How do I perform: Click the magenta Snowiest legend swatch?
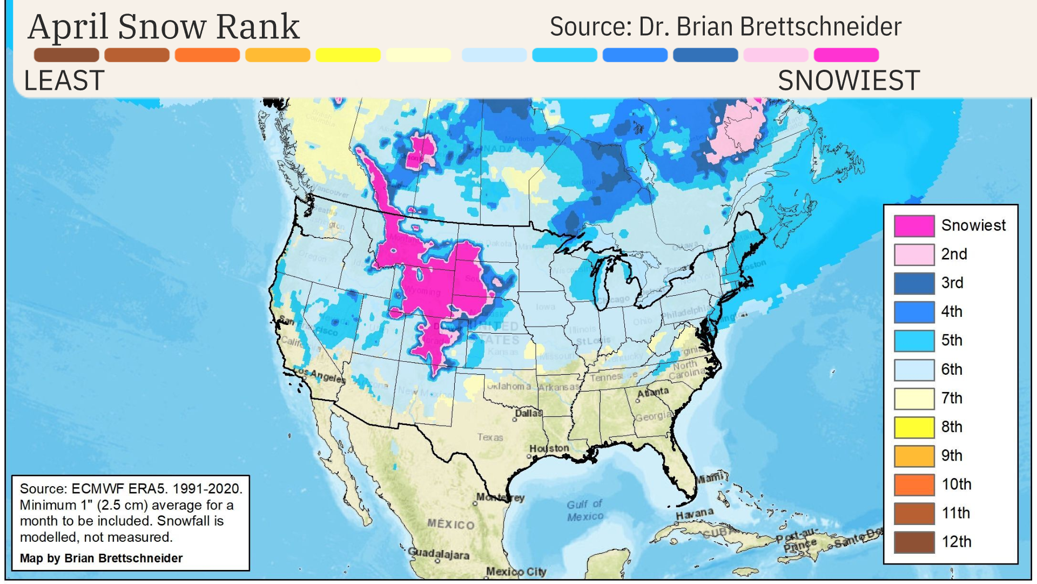(x=914, y=226)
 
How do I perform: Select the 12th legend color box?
(x=914, y=542)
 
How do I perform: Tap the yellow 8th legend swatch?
(x=914, y=427)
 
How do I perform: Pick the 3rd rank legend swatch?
(x=914, y=283)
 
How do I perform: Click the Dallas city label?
(x=528, y=413)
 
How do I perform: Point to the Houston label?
(x=549, y=448)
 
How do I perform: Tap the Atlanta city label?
(x=653, y=391)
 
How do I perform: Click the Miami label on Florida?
(x=710, y=478)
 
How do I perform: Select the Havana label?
(x=695, y=513)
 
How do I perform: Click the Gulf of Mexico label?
(x=585, y=510)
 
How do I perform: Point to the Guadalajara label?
(x=438, y=554)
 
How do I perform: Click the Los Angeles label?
(x=320, y=375)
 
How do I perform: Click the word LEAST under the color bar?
(x=64, y=81)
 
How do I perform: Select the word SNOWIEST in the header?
(x=849, y=81)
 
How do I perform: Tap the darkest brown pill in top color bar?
(x=66, y=55)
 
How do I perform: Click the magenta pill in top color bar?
(x=846, y=55)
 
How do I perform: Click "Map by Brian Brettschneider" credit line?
(x=102, y=558)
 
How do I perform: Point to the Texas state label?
(x=490, y=437)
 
